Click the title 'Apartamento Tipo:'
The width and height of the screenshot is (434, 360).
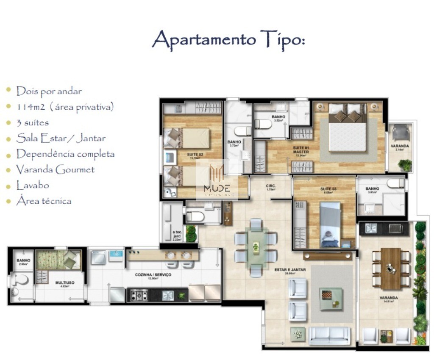pos(228,40)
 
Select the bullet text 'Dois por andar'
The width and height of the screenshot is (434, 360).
pos(49,91)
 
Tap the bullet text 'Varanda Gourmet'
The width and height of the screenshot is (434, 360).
pos(55,170)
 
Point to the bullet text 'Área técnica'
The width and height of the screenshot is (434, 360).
pos(44,201)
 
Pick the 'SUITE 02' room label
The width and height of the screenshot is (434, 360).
pos(195,155)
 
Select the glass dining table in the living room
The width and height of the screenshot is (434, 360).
pos(256,247)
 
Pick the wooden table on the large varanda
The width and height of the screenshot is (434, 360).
pos(390,268)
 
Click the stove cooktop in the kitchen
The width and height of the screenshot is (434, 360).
pos(139,294)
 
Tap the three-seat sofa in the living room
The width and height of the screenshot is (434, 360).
pos(330,335)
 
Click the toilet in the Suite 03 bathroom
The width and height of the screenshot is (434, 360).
pos(395,184)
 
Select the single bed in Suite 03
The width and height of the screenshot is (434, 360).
pos(330,224)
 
